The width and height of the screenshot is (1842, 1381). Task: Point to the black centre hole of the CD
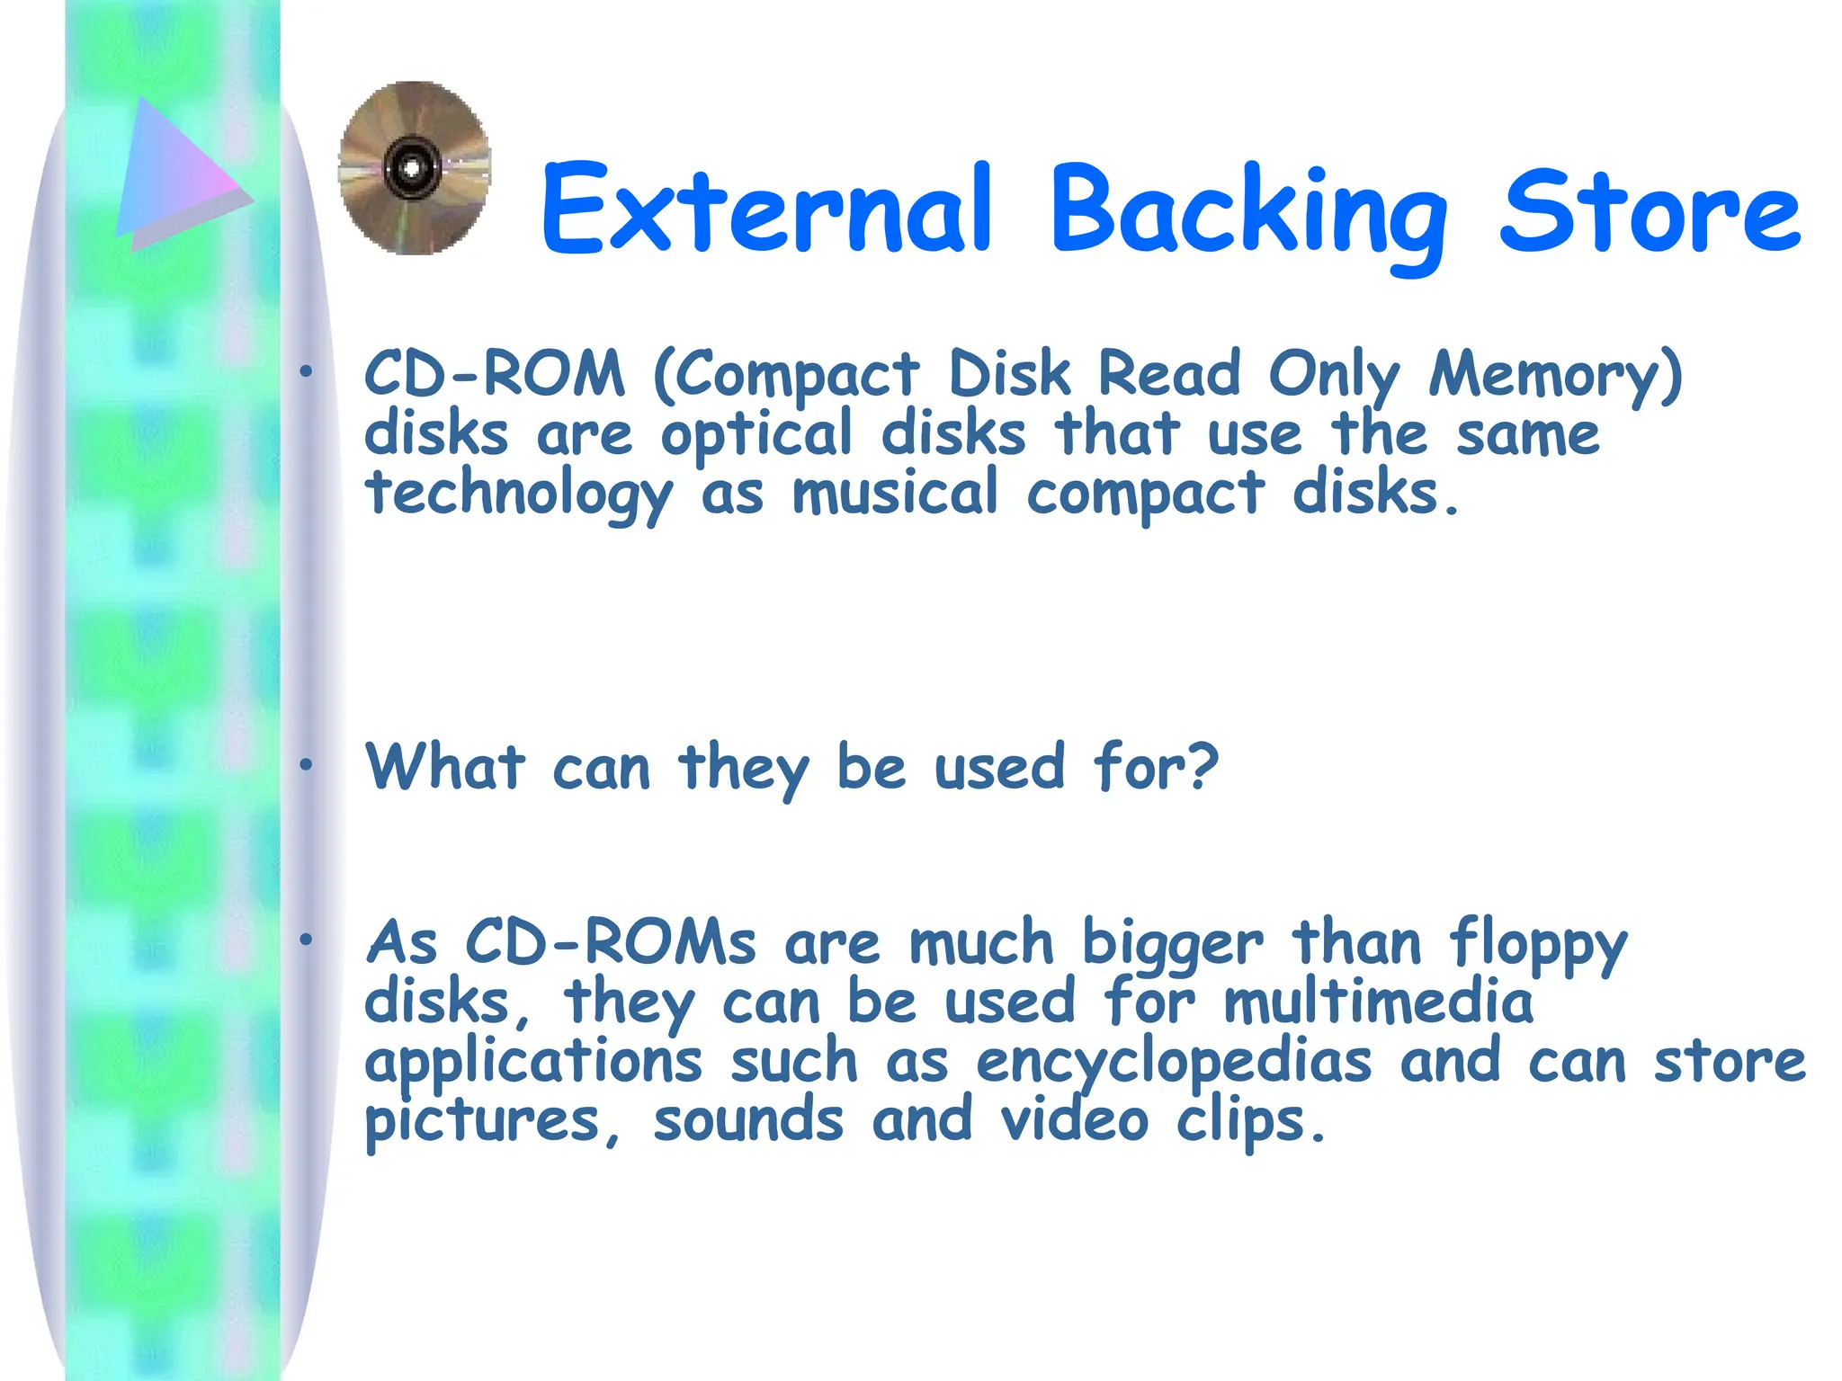(x=412, y=168)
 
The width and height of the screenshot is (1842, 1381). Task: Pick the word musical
(x=895, y=494)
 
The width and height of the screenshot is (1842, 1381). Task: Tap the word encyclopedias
(x=1174, y=1063)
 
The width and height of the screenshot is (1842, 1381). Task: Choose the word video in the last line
(x=1074, y=1120)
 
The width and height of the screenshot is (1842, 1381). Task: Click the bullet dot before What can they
(x=306, y=765)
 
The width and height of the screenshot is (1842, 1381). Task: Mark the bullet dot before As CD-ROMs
(x=306, y=940)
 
